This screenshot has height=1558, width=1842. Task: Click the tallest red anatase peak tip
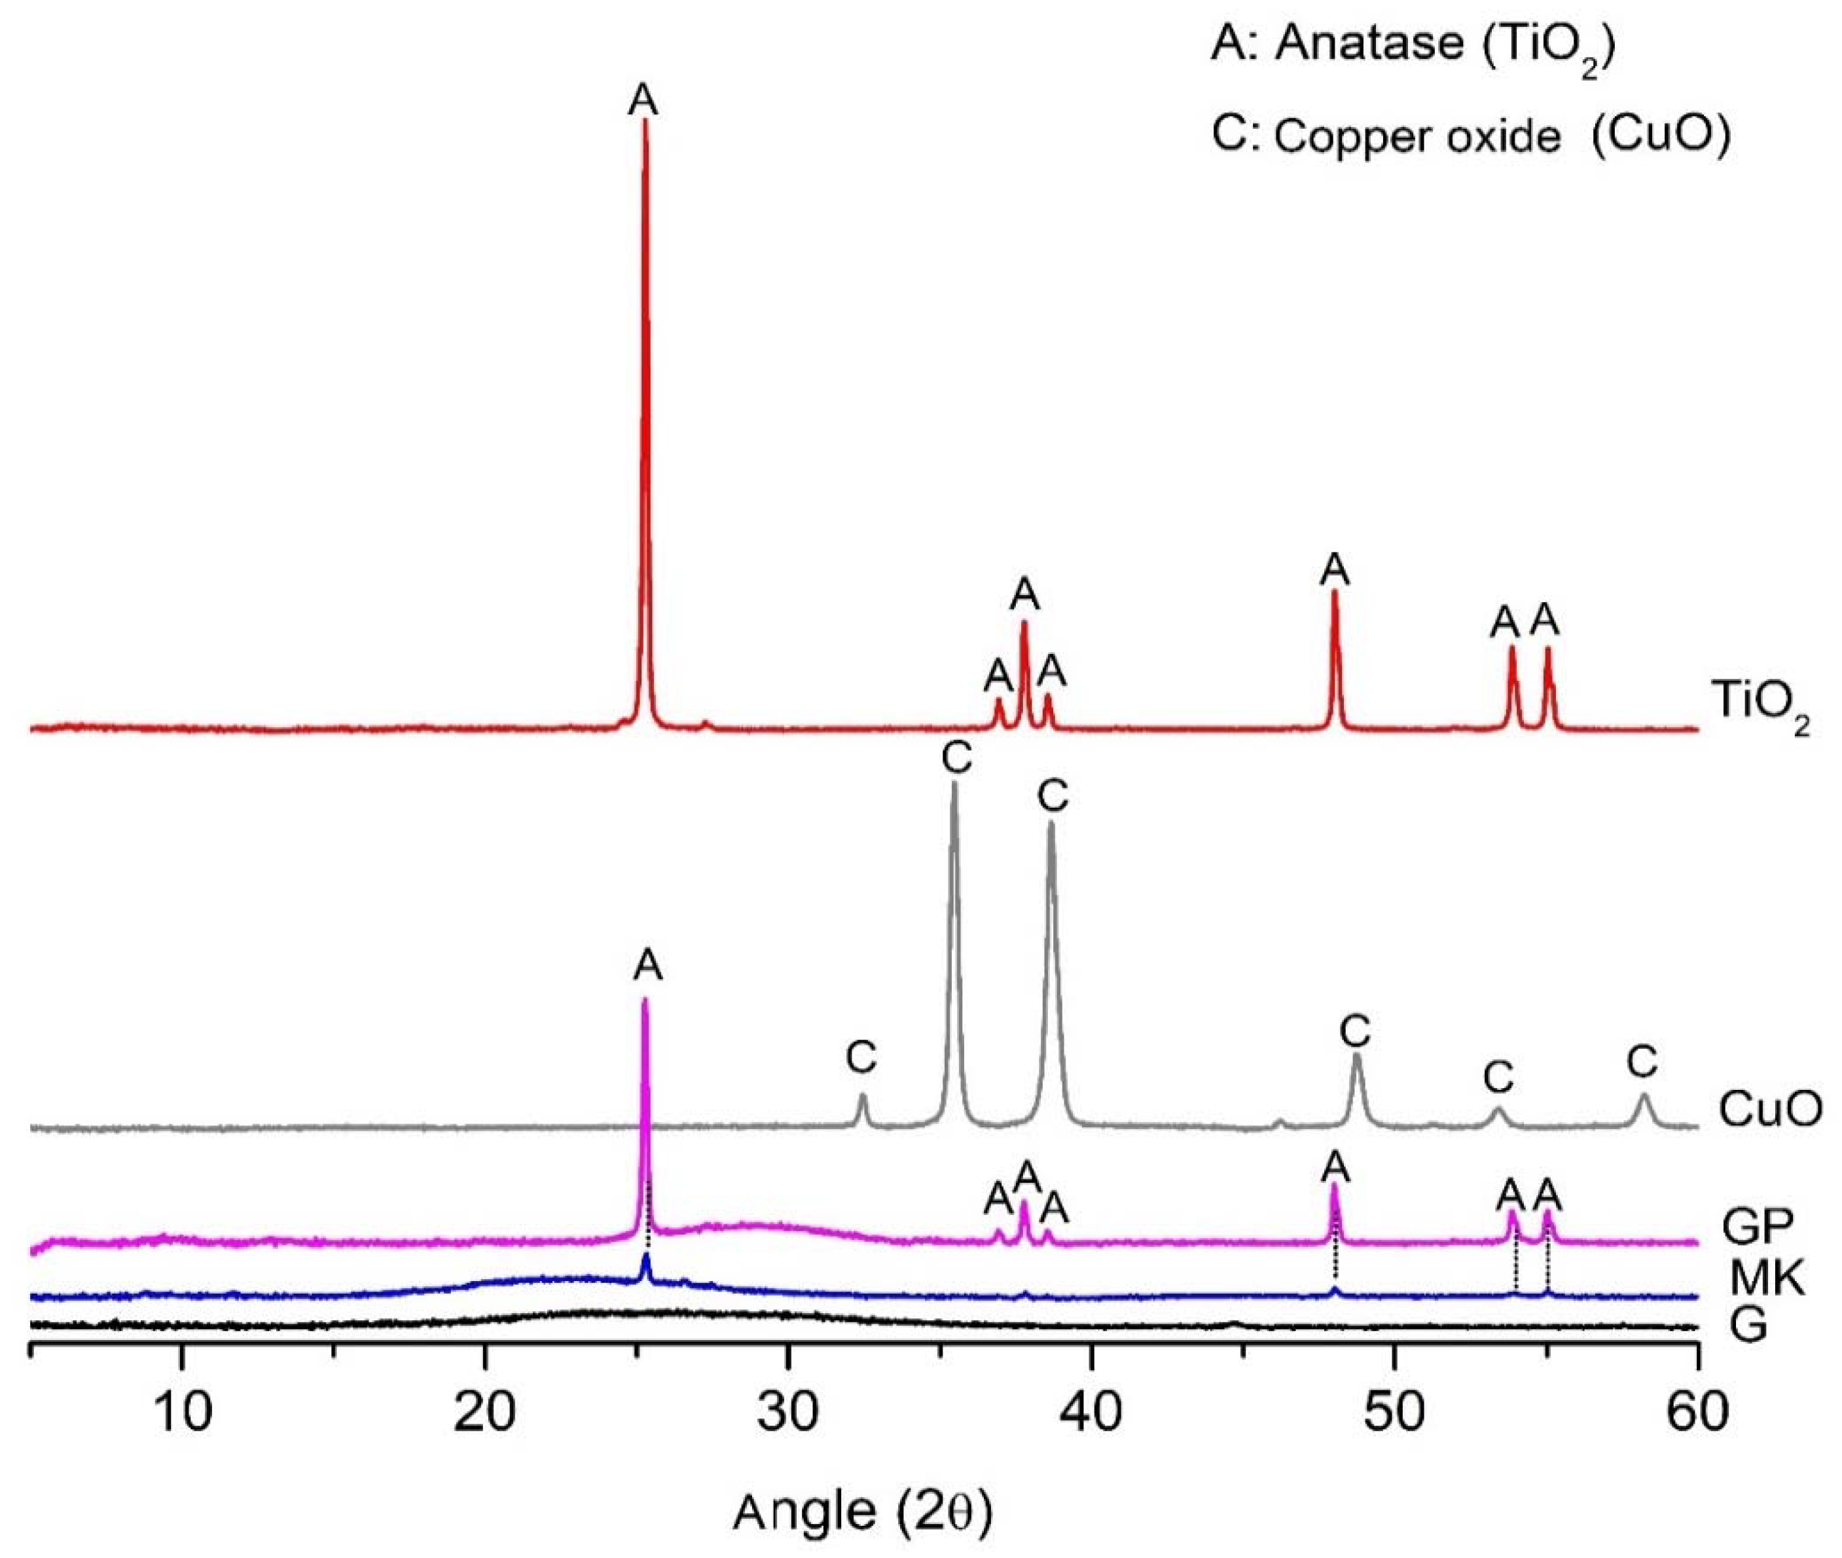[645, 121]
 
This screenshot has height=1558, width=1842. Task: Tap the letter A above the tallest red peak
[643, 100]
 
